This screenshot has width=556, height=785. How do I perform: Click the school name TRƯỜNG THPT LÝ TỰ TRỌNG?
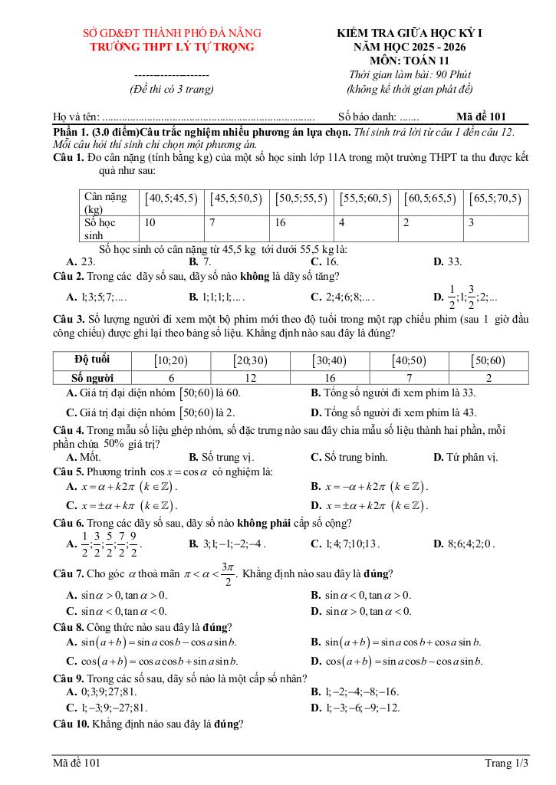[172, 47]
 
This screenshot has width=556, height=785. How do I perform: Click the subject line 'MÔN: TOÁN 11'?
[410, 61]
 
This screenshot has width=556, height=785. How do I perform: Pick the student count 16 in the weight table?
[280, 222]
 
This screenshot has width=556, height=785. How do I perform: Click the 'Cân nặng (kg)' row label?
[107, 202]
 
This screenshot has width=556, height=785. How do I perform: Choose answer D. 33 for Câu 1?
[448, 261]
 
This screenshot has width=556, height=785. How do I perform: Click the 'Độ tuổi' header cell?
[92, 360]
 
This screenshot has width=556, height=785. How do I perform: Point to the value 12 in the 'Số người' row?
[251, 377]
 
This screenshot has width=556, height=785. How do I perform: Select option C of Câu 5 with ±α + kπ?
[122, 505]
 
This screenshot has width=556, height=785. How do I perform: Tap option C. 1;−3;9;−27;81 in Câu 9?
[107, 708]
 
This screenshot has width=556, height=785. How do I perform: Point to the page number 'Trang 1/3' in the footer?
[506, 762]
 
